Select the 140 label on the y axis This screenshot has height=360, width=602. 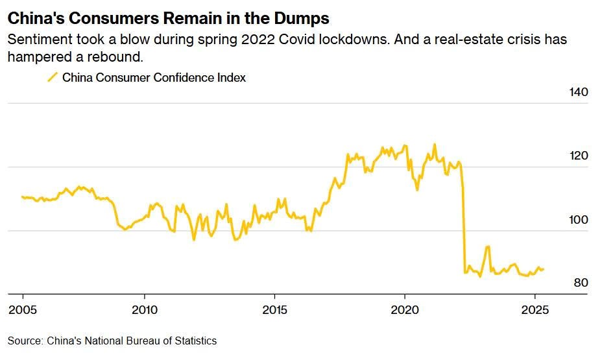tap(578, 92)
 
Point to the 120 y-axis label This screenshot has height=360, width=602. tap(578, 156)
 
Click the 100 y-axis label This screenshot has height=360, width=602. tap(578, 220)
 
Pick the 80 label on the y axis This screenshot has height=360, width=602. tap(581, 283)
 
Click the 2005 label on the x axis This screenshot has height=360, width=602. tap(22, 308)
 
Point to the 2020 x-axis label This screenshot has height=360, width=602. tap(405, 308)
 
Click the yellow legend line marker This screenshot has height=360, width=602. tap(53, 78)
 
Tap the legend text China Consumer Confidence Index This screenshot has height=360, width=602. tap(154, 78)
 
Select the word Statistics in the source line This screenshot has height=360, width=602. tap(195, 341)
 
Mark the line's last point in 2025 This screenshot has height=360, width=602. tap(544, 269)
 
